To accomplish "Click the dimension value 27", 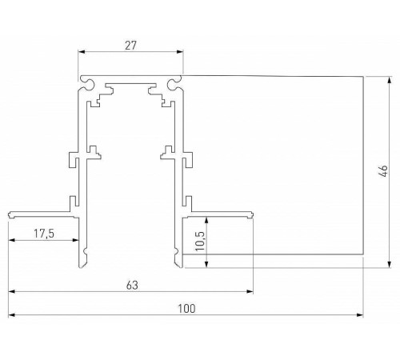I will click(130, 46).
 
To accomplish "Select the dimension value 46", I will click(382, 170).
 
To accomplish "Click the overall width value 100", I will click(186, 307).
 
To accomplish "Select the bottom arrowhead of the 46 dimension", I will click(390, 260).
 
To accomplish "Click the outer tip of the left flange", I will click(10, 214).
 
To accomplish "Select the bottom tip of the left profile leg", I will click(81, 264).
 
